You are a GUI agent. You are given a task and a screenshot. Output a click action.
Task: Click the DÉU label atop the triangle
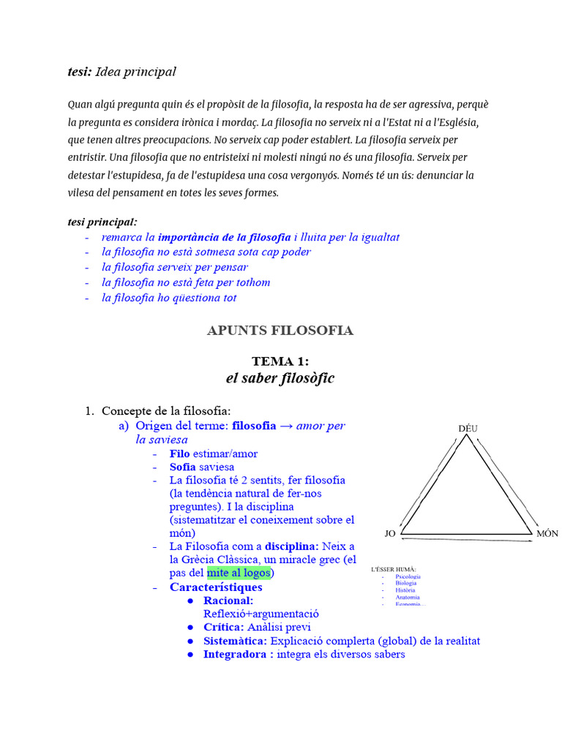pyautogui.click(x=468, y=428)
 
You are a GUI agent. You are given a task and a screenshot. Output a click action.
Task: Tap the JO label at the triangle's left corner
pyautogui.click(x=390, y=534)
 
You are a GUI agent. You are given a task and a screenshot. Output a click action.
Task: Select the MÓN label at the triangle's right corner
pyautogui.click(x=547, y=534)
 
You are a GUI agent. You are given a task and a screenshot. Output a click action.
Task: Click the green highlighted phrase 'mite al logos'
pyautogui.click(x=239, y=573)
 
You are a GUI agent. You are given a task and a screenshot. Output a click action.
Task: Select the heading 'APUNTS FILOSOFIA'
pyautogui.click(x=280, y=331)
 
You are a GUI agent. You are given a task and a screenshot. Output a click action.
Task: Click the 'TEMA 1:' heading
pyautogui.click(x=280, y=361)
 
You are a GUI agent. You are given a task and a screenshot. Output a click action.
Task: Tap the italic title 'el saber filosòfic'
pyautogui.click(x=280, y=378)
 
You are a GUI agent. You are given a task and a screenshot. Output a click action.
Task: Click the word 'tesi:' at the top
pyautogui.click(x=80, y=72)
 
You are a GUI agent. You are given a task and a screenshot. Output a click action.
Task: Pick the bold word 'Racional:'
pyautogui.click(x=228, y=601)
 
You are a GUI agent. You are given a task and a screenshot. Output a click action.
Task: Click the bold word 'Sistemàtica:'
pyautogui.click(x=235, y=641)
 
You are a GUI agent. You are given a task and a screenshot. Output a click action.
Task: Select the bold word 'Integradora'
pyautogui.click(x=235, y=655)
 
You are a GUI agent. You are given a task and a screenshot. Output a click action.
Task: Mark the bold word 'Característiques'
pyautogui.click(x=216, y=587)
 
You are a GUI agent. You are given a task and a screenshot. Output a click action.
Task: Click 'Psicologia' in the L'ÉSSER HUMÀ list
pyautogui.click(x=408, y=576)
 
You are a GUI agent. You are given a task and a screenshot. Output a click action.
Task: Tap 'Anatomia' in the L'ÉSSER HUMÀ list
pyautogui.click(x=407, y=597)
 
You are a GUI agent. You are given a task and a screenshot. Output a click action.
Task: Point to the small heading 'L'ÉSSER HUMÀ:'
pyautogui.click(x=394, y=568)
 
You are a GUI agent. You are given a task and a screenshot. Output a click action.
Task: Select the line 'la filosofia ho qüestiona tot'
pyautogui.click(x=169, y=298)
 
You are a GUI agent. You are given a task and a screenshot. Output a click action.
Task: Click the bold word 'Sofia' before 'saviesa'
pyautogui.click(x=183, y=467)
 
